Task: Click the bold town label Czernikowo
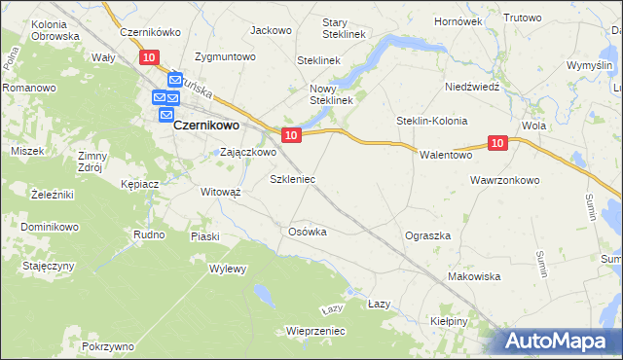tap(207, 125)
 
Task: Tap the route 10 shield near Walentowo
tap(497, 144)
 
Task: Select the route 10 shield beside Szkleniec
tap(290, 133)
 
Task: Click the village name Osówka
tap(307, 232)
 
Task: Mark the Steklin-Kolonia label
tap(432, 121)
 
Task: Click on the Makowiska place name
tap(473, 276)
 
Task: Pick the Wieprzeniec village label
tap(316, 331)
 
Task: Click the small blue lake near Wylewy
tap(263, 292)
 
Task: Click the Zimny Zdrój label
tap(92, 161)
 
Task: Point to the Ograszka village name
tap(427, 235)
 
